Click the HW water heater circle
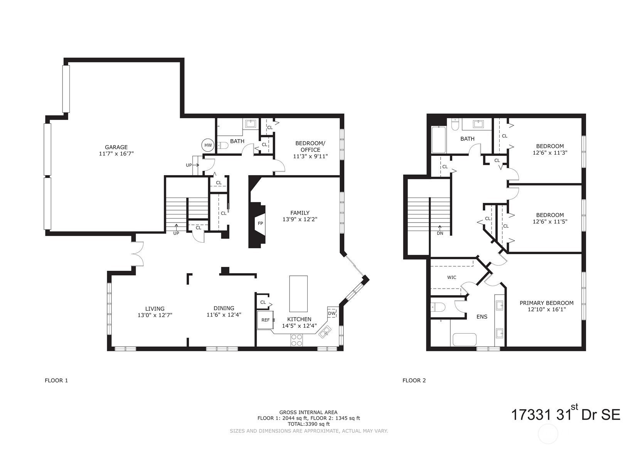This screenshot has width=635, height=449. (x=208, y=145)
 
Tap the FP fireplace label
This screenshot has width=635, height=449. (x=260, y=223)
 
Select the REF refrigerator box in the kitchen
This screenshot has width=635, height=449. (x=266, y=320)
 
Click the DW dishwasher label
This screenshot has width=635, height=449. (x=332, y=313)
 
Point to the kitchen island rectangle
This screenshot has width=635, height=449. (x=298, y=294)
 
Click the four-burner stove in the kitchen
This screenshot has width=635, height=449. (x=296, y=340)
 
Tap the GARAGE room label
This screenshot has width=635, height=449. (x=116, y=147)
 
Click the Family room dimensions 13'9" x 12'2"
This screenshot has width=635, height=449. (x=300, y=219)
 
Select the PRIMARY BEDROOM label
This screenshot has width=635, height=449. (x=547, y=303)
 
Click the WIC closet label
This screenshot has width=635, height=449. (x=451, y=277)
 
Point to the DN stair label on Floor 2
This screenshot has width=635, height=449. (x=440, y=233)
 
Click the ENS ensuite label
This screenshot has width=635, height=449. (x=482, y=317)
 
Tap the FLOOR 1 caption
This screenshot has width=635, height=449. (x=56, y=380)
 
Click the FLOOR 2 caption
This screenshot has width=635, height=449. (x=414, y=380)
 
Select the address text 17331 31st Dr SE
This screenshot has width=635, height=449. (x=566, y=414)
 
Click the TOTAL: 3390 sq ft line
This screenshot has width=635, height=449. (x=309, y=424)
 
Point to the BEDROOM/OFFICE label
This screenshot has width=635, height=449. (x=310, y=146)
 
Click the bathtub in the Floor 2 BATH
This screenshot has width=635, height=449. (x=438, y=140)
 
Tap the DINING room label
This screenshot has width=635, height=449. (x=224, y=308)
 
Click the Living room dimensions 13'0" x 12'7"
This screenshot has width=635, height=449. (x=155, y=315)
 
